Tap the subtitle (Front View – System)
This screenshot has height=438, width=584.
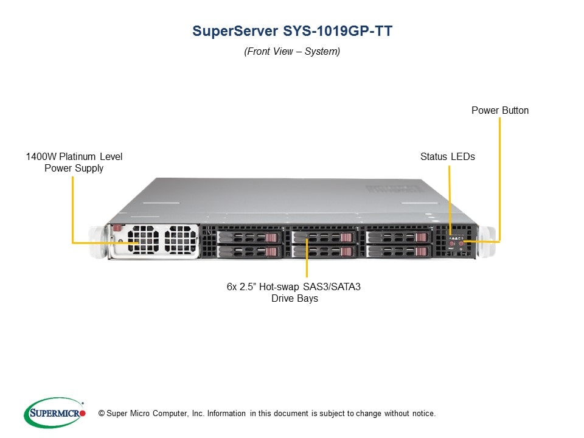click(292, 52)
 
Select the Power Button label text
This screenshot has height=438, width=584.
click(500, 110)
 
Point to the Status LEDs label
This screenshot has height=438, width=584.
click(448, 156)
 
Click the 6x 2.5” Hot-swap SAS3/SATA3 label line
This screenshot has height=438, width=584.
click(294, 287)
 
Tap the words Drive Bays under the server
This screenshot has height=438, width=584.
click(294, 299)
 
